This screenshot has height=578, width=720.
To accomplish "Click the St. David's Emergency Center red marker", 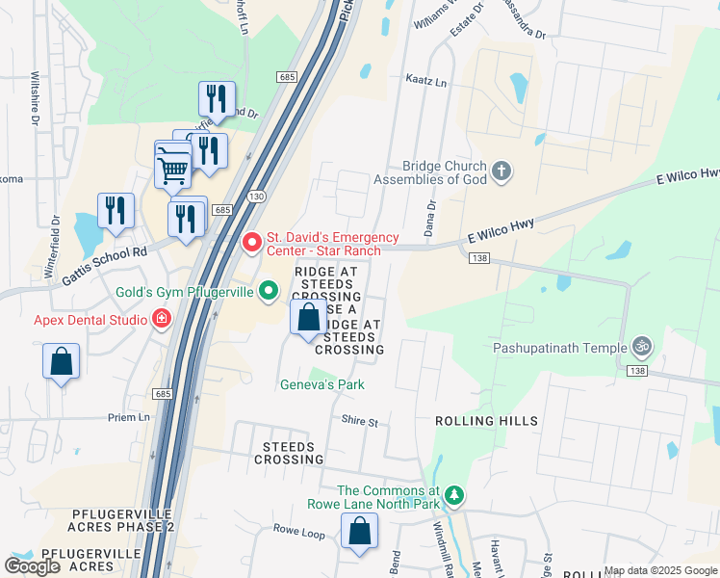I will click(x=251, y=241).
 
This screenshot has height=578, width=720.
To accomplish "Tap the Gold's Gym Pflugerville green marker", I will click(x=272, y=292).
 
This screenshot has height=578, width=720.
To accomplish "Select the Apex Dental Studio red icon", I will click(x=162, y=319).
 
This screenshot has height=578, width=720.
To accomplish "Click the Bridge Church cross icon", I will click(x=500, y=172).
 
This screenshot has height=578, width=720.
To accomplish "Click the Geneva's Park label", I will click(x=321, y=384).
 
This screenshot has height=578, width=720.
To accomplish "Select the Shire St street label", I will click(x=360, y=421).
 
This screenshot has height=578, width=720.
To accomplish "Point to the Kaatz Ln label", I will click(x=426, y=84).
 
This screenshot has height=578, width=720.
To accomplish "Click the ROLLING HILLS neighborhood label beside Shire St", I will click(x=486, y=422).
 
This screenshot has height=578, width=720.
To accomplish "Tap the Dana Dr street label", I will click(x=431, y=219).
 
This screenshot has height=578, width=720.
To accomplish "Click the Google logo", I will click(x=32, y=566).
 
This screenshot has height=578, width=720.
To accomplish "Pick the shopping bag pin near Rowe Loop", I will click(x=359, y=531).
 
